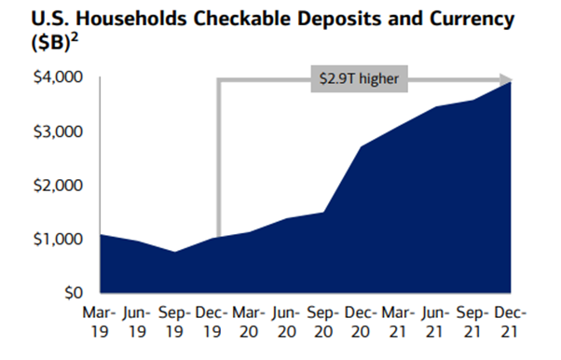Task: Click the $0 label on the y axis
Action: point(75,294)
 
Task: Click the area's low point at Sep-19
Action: point(177,252)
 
